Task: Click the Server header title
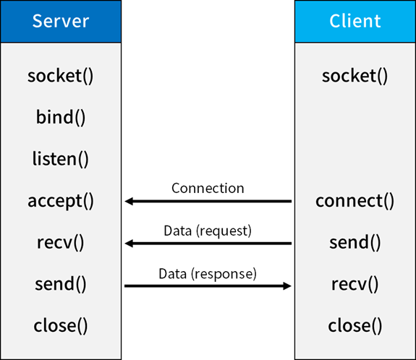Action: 61,20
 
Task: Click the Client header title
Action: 355,20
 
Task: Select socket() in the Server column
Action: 61,75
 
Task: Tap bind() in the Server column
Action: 61,117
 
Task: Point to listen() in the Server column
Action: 61,158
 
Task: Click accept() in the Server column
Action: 61,200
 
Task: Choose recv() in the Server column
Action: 61,242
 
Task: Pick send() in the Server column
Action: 61,284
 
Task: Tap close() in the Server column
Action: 61,325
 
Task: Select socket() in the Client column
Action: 355,75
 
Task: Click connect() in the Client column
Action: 355,200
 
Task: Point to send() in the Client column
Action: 355,242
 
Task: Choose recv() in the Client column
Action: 355,284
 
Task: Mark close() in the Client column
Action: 355,325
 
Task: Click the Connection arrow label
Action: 208,188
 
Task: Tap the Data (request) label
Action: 208,231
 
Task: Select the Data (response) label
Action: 208,274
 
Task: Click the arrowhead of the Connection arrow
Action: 129,202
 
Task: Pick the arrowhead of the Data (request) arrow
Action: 129,244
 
